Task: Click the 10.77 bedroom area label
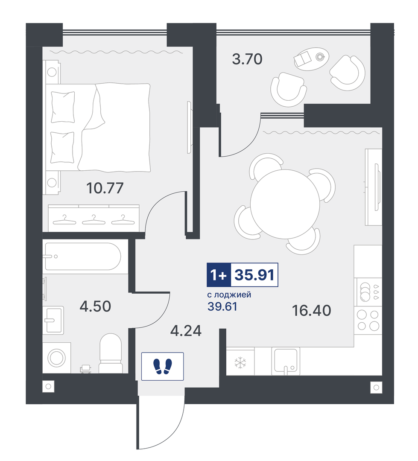pyautogui.click(x=105, y=188)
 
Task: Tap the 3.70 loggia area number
pyautogui.click(x=247, y=59)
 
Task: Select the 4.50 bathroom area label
pyautogui.click(x=95, y=306)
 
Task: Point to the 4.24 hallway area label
pyautogui.click(x=186, y=331)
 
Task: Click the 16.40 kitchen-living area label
pyautogui.click(x=312, y=310)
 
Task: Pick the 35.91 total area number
pyautogui.click(x=254, y=275)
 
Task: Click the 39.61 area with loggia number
pyautogui.click(x=222, y=306)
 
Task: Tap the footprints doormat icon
pyautogui.click(x=162, y=366)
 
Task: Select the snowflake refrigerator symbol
pyautogui.click(x=240, y=363)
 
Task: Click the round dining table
pyautogui.click(x=285, y=204)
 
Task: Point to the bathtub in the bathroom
pyautogui.click(x=83, y=257)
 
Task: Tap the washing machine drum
pyautogui.click(x=57, y=358)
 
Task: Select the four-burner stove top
pyautogui.click(x=368, y=321)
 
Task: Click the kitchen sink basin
pyautogui.click(x=286, y=360)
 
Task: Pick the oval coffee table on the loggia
pyautogui.click(x=311, y=59)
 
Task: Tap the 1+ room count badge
pyautogui.click(x=219, y=275)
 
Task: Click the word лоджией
pyautogui.click(x=233, y=295)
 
